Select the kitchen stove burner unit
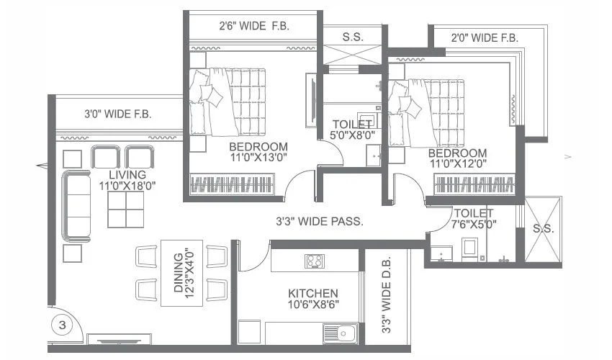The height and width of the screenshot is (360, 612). coord(315,261)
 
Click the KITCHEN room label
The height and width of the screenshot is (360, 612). coord(313,293)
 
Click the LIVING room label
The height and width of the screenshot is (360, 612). coord(127,175)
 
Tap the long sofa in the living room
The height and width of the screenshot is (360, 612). coord(76,205)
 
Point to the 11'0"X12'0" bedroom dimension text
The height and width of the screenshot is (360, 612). coord(457,165)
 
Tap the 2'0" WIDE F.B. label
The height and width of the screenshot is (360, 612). coord(485,37)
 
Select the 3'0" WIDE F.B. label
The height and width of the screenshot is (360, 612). coord(118,113)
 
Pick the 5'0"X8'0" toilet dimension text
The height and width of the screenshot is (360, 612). coord(353,135)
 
